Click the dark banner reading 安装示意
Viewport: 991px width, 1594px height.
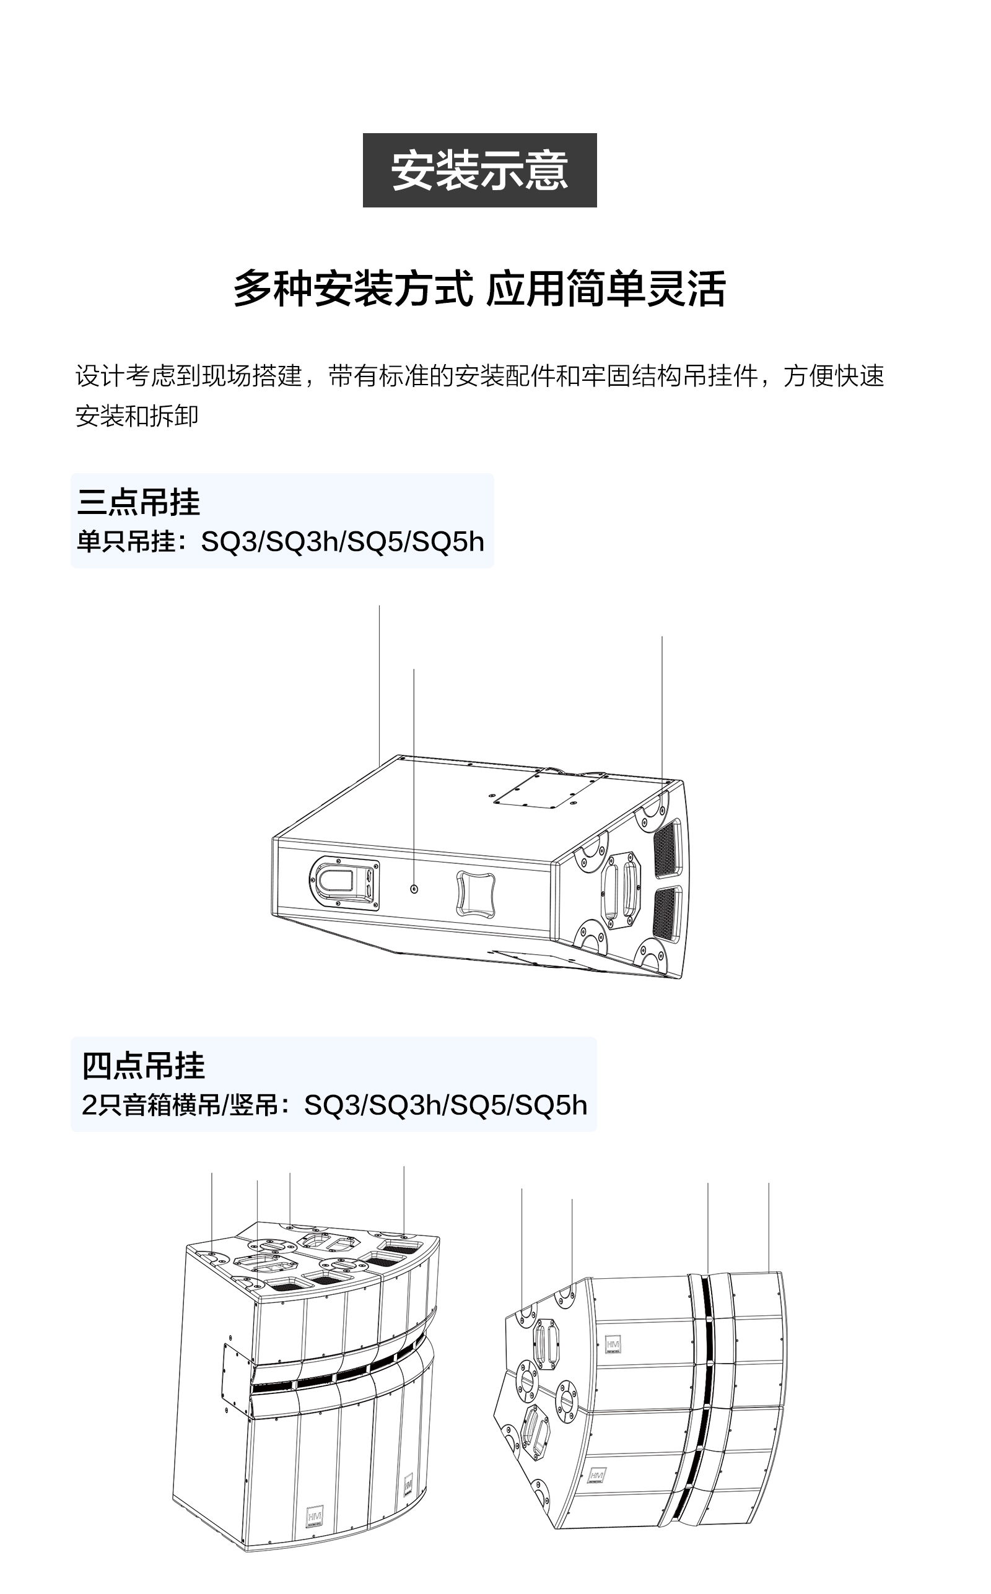pos(479,170)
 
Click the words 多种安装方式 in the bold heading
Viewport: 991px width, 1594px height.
pos(353,289)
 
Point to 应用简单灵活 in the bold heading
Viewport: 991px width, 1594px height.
pos(606,289)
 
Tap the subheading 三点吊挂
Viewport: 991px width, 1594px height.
pos(138,502)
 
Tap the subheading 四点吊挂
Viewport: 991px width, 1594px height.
pos(144,1066)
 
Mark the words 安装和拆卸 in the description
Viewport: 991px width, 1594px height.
pos(136,416)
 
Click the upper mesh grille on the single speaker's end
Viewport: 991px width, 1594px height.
pos(668,848)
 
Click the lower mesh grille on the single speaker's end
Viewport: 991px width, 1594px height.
pos(668,915)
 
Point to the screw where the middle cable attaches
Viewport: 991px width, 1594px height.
pos(414,889)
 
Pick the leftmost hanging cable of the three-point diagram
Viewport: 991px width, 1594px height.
pos(380,686)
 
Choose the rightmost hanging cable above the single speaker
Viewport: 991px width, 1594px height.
pos(662,708)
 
